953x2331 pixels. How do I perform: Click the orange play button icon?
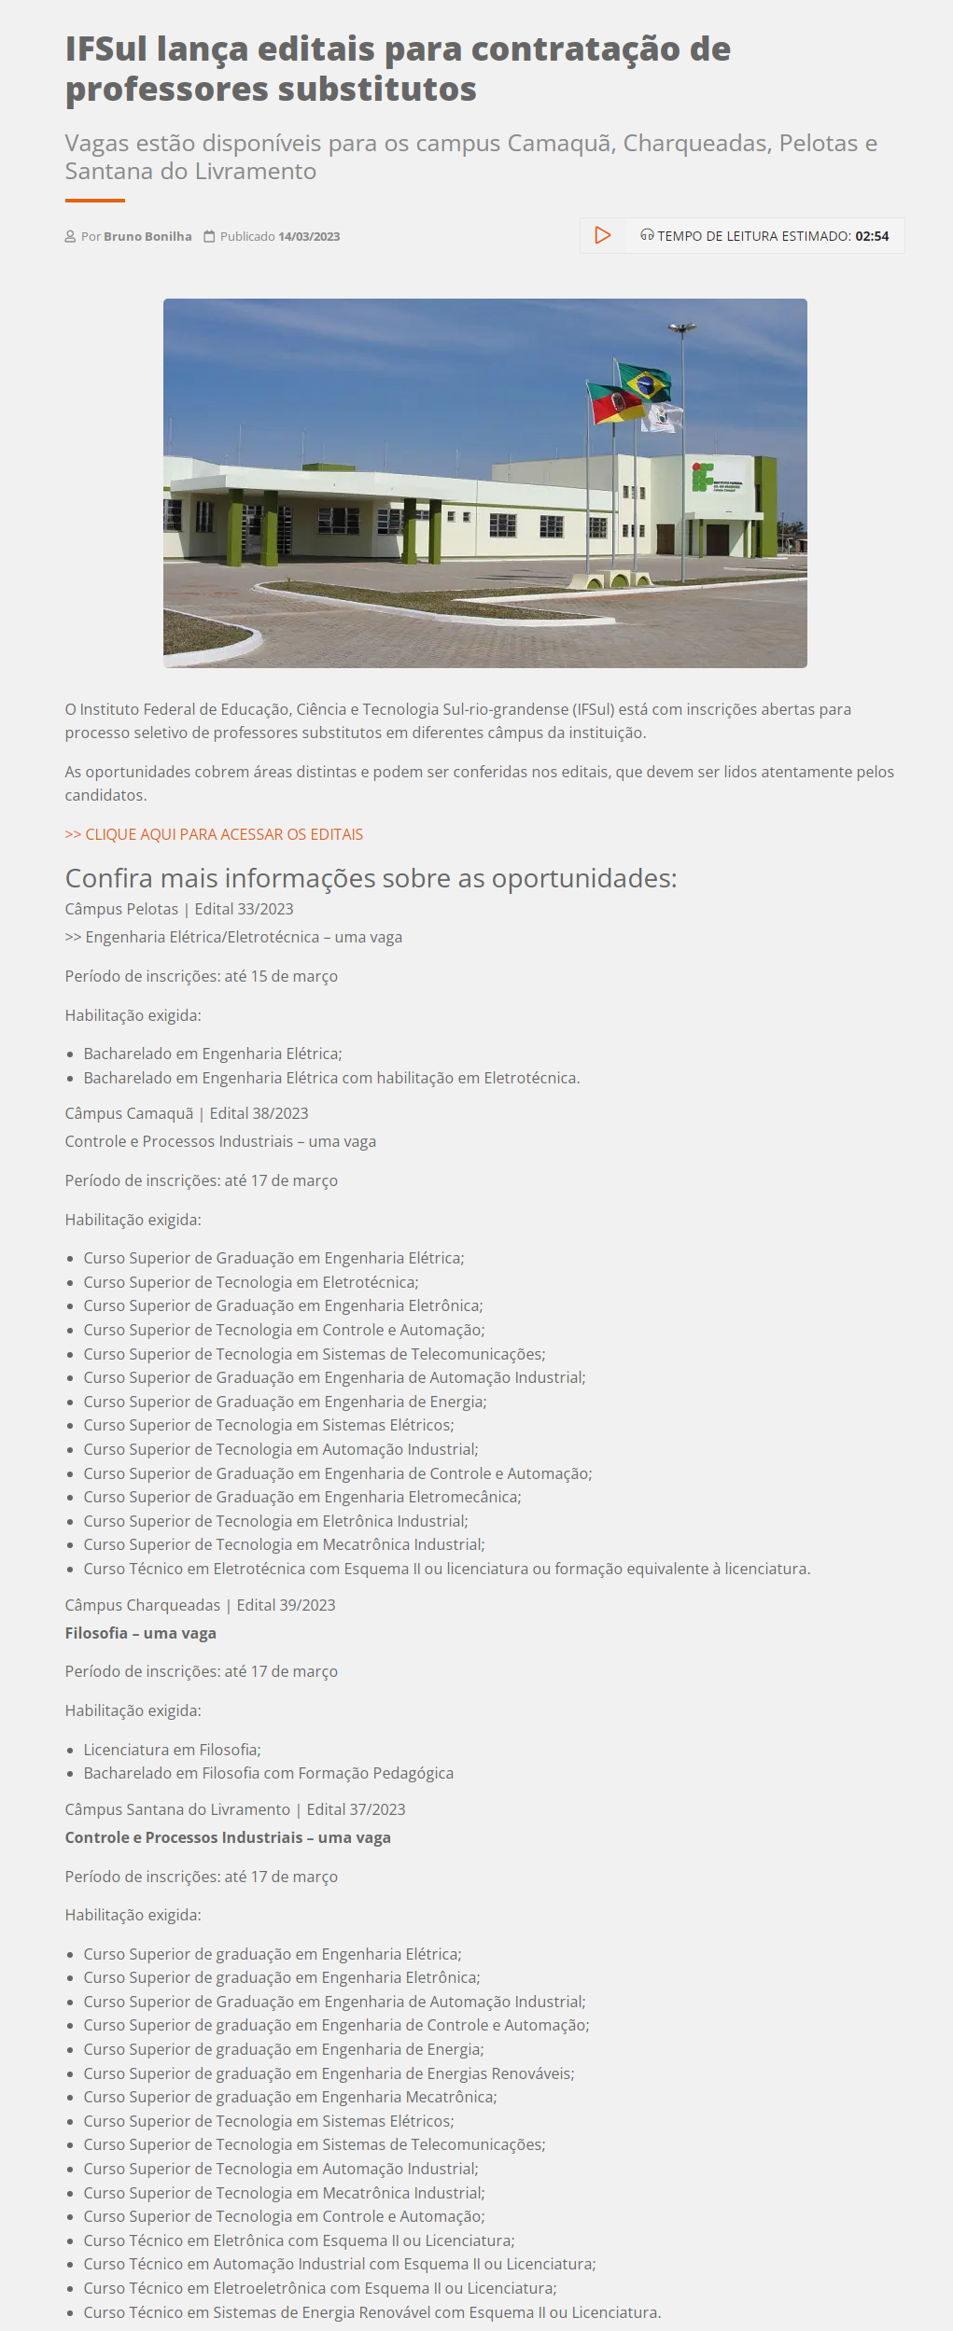603,235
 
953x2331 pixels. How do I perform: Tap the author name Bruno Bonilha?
147,237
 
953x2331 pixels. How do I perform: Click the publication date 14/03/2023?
309,237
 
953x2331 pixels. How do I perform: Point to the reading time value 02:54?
872,237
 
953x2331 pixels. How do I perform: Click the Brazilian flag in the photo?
646,383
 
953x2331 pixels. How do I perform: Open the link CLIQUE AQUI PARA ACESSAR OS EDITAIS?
214,834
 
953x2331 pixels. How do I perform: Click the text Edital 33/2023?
244,909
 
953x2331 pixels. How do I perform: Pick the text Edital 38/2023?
259,1113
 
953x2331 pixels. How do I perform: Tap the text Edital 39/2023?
286,1605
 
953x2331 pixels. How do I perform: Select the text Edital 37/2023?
356,1809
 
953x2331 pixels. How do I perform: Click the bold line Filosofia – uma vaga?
141,1633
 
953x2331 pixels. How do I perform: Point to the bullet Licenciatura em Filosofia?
172,1750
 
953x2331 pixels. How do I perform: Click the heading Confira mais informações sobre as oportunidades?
371,878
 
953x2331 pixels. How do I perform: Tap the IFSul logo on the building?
703,476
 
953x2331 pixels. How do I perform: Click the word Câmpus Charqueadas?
143,1605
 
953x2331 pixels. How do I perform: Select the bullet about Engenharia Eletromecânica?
301,1497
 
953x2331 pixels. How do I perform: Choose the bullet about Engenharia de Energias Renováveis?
329,2073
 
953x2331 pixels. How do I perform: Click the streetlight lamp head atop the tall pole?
682,328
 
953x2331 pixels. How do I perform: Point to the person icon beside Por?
70,237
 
